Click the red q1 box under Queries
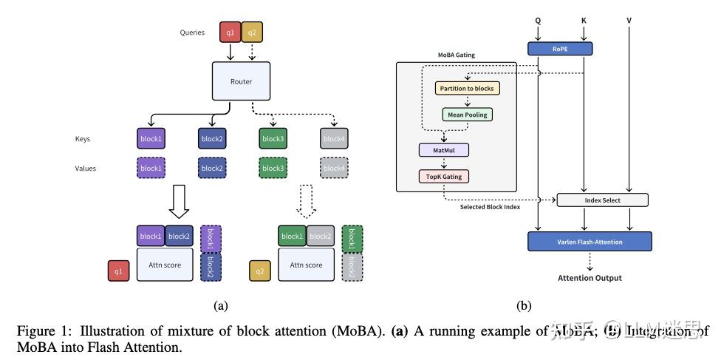coord(230,32)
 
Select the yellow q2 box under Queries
coord(252,32)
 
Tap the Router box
coord(240,81)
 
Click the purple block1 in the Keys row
coord(151,138)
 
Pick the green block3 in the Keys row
coord(273,138)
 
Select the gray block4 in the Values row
coord(334,169)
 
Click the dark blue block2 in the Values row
coord(212,169)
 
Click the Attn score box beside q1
coord(165,265)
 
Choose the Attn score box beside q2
coord(306,265)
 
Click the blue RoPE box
coord(559,49)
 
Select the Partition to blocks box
coord(467,88)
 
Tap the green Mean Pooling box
coord(467,115)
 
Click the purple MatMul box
coord(445,150)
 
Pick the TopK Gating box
coord(445,176)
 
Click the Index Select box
coord(601,200)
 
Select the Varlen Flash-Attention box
coord(590,241)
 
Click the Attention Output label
coord(590,278)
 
